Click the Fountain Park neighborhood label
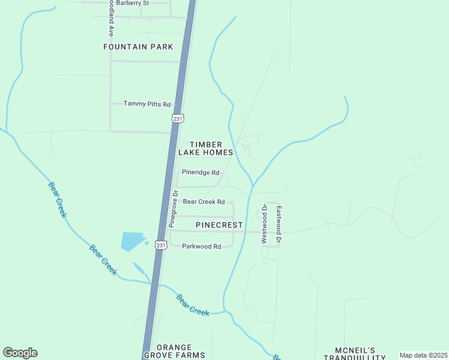tap(138, 47)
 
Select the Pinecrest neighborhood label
tap(219, 225)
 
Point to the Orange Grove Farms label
tap(174, 351)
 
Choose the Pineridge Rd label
tap(200, 172)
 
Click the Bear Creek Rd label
tap(203, 202)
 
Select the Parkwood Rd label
tap(202, 246)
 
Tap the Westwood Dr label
tap(264, 224)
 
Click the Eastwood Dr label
tap(279, 225)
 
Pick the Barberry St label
tap(132, 3)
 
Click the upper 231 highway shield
tap(178, 119)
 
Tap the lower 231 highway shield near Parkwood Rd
tap(160, 245)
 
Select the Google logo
tap(20, 353)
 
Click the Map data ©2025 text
tap(423, 355)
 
